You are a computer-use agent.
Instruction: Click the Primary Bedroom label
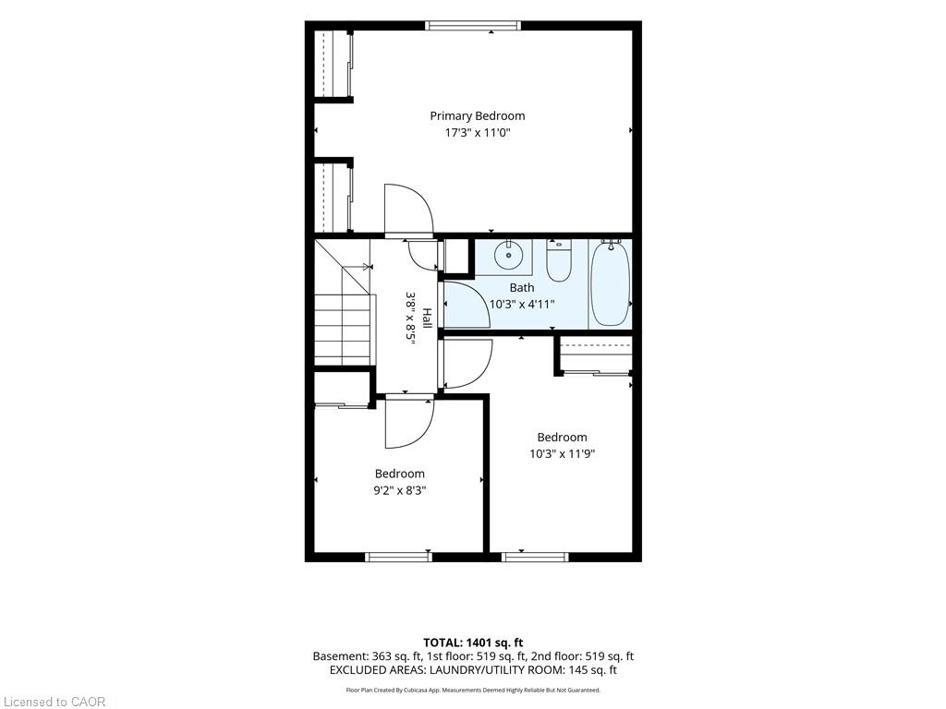click(478, 115)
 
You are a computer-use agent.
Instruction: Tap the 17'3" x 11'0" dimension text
click(478, 133)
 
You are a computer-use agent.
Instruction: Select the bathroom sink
click(509, 255)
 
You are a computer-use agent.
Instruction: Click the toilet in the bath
click(559, 260)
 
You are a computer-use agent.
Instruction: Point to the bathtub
click(610, 283)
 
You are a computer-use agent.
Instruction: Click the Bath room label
click(521, 288)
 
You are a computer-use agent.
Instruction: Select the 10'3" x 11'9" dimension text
click(563, 454)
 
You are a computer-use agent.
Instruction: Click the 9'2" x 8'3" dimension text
click(399, 491)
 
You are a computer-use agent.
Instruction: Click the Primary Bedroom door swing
click(409, 210)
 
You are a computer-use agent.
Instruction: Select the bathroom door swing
click(467, 305)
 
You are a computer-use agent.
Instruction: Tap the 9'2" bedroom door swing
click(409, 423)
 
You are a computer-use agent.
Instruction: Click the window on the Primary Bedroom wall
click(472, 25)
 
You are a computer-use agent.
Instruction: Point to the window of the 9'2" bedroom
click(399, 557)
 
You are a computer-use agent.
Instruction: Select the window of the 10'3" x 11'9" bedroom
click(535, 557)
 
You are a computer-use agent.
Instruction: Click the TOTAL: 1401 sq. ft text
click(473, 643)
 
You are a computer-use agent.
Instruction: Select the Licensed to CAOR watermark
click(53, 702)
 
